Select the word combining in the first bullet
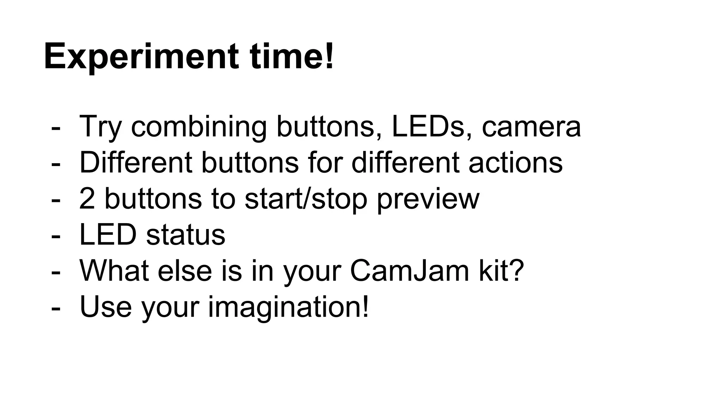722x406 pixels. pyautogui.click(x=199, y=127)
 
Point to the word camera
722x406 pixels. pyautogui.click(x=531, y=127)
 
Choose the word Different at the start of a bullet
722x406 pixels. pyautogui.click(x=136, y=162)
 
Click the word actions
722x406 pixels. pyautogui.click(x=515, y=162)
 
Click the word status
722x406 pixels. pyautogui.click(x=185, y=235)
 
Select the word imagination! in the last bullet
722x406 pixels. pyautogui.click(x=288, y=307)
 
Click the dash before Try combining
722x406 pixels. pyautogui.click(x=55, y=128)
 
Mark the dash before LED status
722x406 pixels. pyautogui.click(x=55, y=236)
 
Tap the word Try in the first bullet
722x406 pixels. pyautogui.click(x=101, y=127)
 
